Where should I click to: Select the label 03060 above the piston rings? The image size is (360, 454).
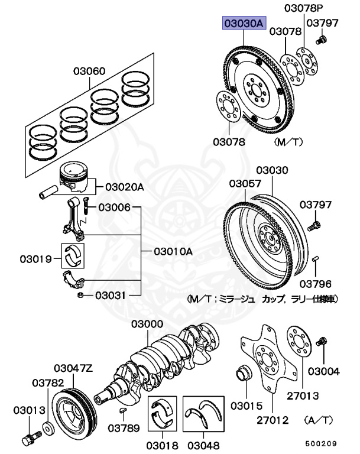pyautogui.click(x=89, y=72)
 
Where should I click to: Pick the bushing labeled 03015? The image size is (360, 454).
pyautogui.click(x=242, y=374)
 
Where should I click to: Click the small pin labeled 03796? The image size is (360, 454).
pyautogui.click(x=317, y=258)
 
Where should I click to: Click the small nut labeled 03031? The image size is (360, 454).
pyautogui.click(x=80, y=294)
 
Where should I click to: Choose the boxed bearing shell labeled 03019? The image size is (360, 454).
pyautogui.click(x=75, y=254)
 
